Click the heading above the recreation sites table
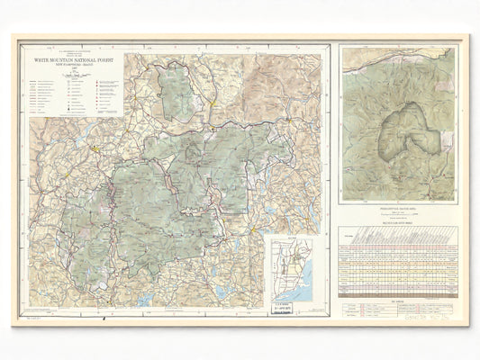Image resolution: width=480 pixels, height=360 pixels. pyautogui.click(x=397, y=221)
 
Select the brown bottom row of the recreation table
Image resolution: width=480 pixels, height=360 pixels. pyautogui.click(x=397, y=293)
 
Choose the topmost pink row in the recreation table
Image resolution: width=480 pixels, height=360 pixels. pyautogui.click(x=397, y=256)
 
